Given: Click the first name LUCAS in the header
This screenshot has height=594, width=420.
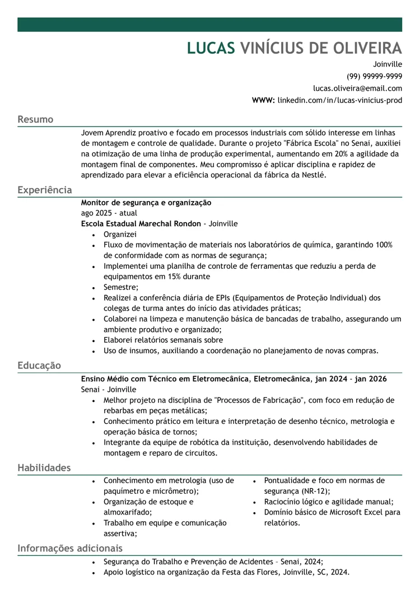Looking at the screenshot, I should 211,48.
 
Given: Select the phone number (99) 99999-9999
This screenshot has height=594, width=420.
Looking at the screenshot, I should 374,76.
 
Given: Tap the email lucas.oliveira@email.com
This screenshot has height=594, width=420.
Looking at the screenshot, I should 357,88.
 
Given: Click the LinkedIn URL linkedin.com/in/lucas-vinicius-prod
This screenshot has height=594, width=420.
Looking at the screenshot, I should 339,101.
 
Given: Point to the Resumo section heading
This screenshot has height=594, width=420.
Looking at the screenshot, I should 35,119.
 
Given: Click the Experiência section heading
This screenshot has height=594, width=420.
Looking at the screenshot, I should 44,190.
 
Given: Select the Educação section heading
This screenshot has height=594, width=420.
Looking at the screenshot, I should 39,365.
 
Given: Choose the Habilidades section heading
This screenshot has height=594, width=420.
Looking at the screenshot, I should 44,467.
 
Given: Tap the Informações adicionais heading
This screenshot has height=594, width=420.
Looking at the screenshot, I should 69,548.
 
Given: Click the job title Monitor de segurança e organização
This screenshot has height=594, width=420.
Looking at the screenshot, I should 146,203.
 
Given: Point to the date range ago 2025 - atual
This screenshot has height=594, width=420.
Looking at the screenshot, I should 109,213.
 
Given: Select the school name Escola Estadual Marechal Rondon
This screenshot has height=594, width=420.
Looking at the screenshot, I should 141,224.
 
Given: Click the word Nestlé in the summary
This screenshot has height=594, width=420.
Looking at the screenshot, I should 312,175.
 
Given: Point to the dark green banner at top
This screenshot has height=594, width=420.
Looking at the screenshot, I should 209,25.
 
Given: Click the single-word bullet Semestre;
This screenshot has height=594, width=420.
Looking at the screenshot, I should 121,287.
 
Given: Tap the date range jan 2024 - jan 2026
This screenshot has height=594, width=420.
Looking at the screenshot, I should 351,379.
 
